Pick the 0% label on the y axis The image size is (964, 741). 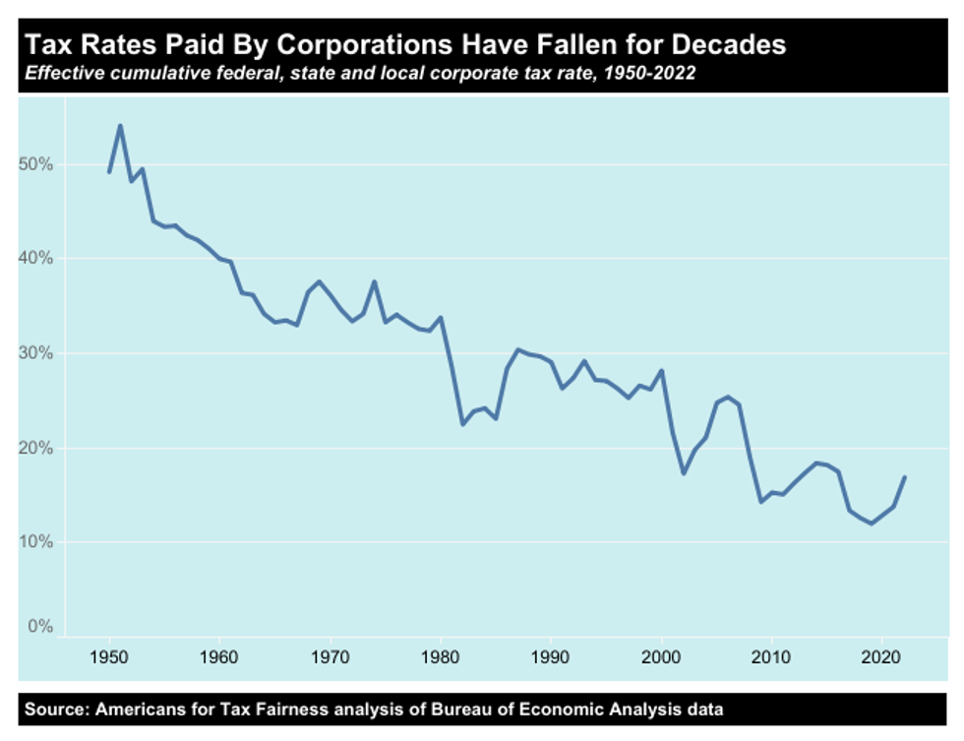38,627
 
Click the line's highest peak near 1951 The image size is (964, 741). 120,125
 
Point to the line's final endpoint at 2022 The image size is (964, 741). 904,477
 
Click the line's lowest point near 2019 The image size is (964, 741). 872,524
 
